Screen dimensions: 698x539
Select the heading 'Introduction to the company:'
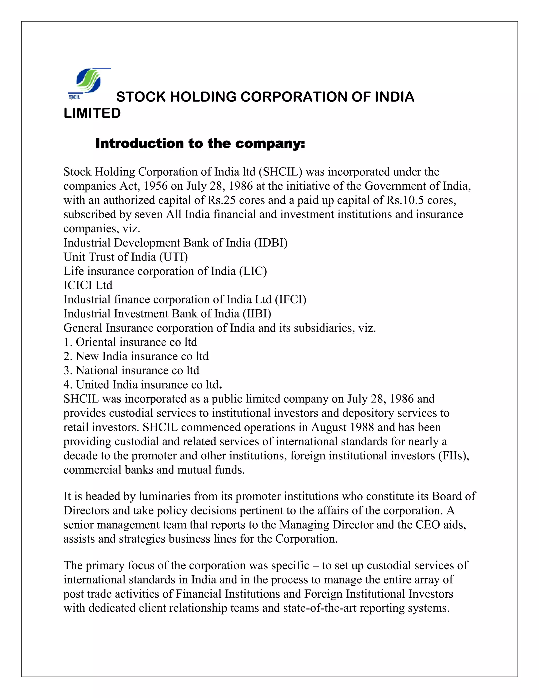coord(200,144)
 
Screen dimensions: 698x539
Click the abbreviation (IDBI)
coord(271,243)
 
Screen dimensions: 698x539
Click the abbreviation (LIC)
coord(253,271)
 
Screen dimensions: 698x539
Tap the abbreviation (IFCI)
coord(290,300)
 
